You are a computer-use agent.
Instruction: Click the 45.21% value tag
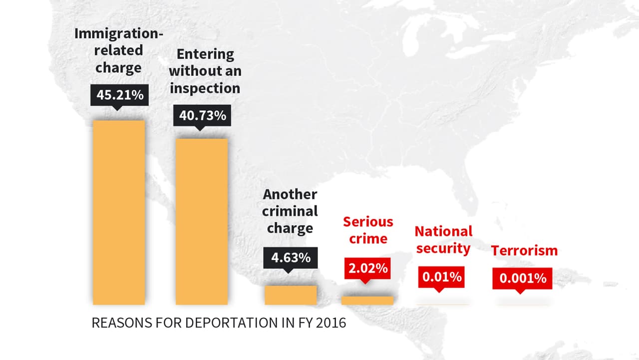pyautogui.click(x=119, y=95)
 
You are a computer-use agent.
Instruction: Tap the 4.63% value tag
pyautogui.click(x=291, y=258)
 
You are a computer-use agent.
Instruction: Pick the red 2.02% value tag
pyautogui.click(x=367, y=268)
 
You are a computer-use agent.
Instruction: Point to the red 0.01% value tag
pyautogui.click(x=442, y=277)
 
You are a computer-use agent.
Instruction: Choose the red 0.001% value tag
pyautogui.click(x=522, y=278)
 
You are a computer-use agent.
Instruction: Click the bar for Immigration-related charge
pyautogui.click(x=119, y=212)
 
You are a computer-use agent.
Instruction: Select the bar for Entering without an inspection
pyautogui.click(x=202, y=221)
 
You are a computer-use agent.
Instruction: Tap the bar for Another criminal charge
pyautogui.click(x=291, y=295)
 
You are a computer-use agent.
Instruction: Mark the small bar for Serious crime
pyautogui.click(x=367, y=300)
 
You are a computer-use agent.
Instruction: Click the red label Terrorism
pyautogui.click(x=524, y=251)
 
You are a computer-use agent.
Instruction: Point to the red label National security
pyautogui.click(x=443, y=240)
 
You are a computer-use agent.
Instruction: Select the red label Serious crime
pyautogui.click(x=368, y=230)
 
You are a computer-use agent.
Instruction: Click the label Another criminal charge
pyautogui.click(x=290, y=211)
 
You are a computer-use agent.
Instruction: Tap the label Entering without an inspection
pyautogui.click(x=205, y=71)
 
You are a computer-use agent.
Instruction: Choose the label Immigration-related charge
pyautogui.click(x=119, y=50)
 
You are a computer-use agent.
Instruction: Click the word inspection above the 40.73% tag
pyautogui.click(x=205, y=88)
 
